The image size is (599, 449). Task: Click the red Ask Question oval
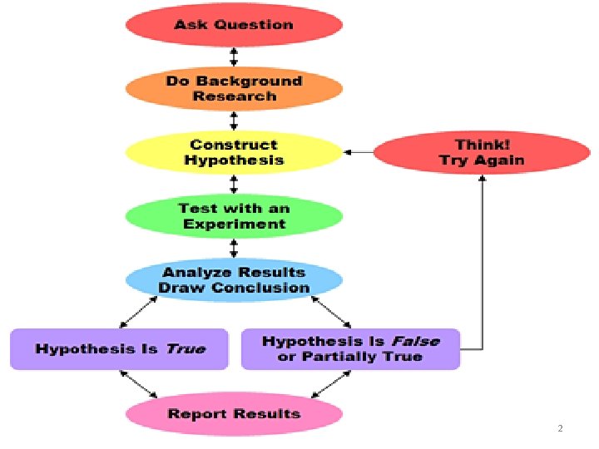click(234, 25)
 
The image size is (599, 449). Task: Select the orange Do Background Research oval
click(234, 89)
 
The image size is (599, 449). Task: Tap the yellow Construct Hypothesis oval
click(234, 152)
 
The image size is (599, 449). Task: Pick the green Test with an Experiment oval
click(234, 216)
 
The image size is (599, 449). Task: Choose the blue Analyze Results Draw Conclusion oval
click(234, 280)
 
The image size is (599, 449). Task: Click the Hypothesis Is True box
click(119, 349)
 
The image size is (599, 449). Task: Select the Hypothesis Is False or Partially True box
click(350, 349)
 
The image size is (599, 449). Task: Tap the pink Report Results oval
click(234, 414)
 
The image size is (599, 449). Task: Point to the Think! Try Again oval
click(482, 152)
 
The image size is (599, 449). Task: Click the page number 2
click(560, 428)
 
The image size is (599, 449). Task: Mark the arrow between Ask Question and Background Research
click(234, 57)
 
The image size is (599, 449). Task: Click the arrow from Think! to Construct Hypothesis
click(359, 152)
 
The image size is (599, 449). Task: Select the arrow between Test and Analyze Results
click(234, 248)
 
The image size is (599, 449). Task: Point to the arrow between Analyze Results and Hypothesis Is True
click(141, 313)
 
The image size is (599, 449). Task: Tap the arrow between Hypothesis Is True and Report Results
click(139, 383)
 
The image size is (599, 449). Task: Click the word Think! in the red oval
click(482, 145)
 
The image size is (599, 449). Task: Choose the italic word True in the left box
click(185, 349)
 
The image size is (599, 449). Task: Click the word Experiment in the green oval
click(235, 224)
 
